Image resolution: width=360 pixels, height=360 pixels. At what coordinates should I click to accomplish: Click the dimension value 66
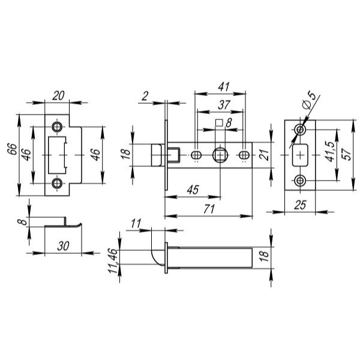tap(13, 149)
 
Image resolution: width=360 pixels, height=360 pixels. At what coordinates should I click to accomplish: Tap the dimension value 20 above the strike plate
tap(58, 96)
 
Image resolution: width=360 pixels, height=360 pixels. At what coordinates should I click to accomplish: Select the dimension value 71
tap(209, 209)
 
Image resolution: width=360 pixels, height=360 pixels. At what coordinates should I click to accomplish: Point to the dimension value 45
tap(193, 190)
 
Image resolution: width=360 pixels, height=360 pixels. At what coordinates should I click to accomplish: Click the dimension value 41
tap(224, 87)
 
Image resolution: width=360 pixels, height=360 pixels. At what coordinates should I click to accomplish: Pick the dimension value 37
tap(224, 105)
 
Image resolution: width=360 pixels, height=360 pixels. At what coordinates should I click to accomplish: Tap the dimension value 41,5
tap(331, 152)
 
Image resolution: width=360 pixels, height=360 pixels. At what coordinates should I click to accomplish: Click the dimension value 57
tap(346, 154)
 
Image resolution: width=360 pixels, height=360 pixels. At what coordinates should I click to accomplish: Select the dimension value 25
tap(300, 205)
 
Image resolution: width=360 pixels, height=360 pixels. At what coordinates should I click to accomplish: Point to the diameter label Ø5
tap(309, 100)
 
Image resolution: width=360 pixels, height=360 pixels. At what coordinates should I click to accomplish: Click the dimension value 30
tap(63, 246)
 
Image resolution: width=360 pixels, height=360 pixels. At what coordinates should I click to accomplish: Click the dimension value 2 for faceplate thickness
tap(145, 96)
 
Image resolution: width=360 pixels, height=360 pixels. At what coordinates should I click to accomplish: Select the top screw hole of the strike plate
tap(57, 127)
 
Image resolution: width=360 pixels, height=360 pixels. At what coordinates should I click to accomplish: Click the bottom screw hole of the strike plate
tap(57, 183)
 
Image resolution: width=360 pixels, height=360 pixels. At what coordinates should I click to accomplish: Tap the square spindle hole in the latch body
tap(220, 155)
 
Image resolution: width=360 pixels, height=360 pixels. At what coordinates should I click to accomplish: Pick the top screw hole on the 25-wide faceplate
tap(300, 130)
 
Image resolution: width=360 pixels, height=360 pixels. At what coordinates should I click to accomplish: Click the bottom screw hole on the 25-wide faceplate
tap(300, 181)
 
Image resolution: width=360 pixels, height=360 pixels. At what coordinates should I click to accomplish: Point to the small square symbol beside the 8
tap(219, 123)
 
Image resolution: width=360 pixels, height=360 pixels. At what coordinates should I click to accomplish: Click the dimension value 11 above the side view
tap(136, 223)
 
